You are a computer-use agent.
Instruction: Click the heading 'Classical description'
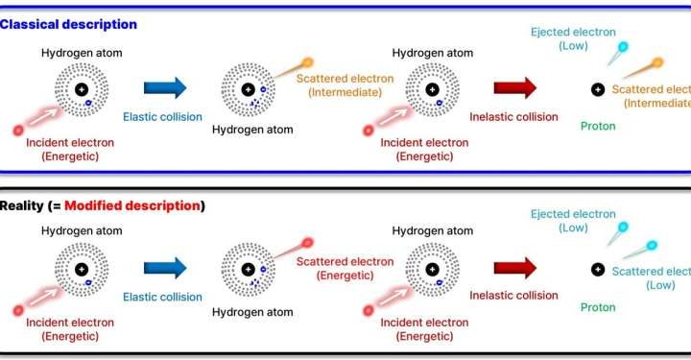tap(68, 24)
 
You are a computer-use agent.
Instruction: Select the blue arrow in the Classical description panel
tap(165, 88)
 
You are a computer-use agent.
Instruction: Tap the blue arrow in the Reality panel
tap(165, 270)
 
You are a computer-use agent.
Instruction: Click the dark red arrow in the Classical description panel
tap(515, 88)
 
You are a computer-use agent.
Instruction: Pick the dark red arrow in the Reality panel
tap(515, 270)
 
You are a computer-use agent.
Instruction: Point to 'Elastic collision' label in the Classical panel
tap(162, 117)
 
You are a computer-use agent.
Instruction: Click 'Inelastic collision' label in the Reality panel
tap(513, 295)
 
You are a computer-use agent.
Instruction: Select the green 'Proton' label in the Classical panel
tap(598, 126)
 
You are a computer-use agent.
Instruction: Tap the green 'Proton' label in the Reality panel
tap(598, 307)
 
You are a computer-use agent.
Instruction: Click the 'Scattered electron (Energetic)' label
tap(345, 269)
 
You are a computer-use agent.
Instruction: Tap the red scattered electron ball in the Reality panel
tap(307, 243)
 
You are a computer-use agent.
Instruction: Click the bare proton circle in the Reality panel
tap(597, 270)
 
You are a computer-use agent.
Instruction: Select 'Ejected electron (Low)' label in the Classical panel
tap(573, 39)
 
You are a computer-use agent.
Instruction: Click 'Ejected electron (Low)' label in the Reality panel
tap(573, 221)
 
